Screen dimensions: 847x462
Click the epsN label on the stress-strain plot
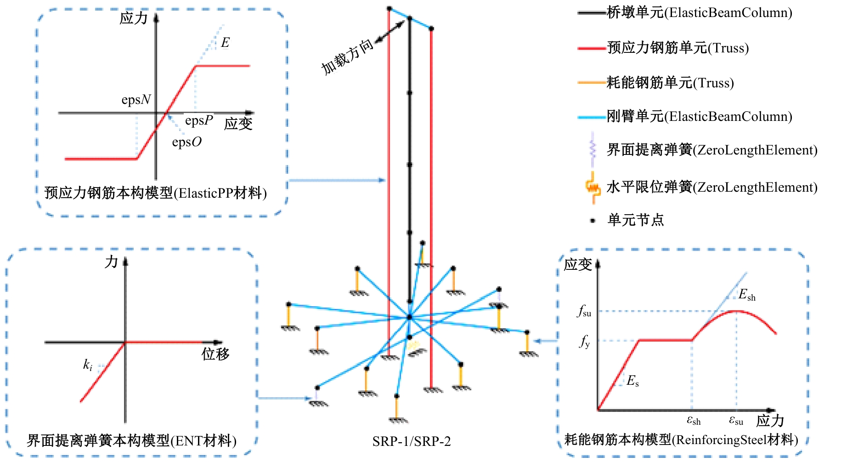point(136,100)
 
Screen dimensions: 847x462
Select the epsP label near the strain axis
point(199,120)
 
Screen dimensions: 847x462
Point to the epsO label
point(186,142)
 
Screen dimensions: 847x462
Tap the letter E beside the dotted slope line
point(225,43)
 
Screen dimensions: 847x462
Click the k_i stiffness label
point(88,365)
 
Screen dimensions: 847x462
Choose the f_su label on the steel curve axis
point(584,311)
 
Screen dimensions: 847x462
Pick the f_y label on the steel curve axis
point(585,341)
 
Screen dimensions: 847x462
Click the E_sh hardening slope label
point(747,295)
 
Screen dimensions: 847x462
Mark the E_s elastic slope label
point(632,381)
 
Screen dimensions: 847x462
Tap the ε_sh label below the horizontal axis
point(694,420)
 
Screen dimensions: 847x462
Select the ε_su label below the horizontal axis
point(736,420)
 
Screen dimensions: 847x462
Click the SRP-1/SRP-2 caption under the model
point(412,441)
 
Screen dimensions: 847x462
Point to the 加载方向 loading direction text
point(347,57)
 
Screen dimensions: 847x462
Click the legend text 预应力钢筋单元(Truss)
point(678,48)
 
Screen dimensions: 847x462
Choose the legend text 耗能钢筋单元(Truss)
point(670,83)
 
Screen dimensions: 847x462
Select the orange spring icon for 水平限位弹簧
point(593,188)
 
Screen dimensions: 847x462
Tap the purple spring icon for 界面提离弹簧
point(593,149)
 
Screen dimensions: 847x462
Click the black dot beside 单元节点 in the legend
point(593,221)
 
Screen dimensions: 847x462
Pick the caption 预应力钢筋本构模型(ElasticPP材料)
point(156,193)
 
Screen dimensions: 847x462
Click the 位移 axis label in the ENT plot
point(215,354)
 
